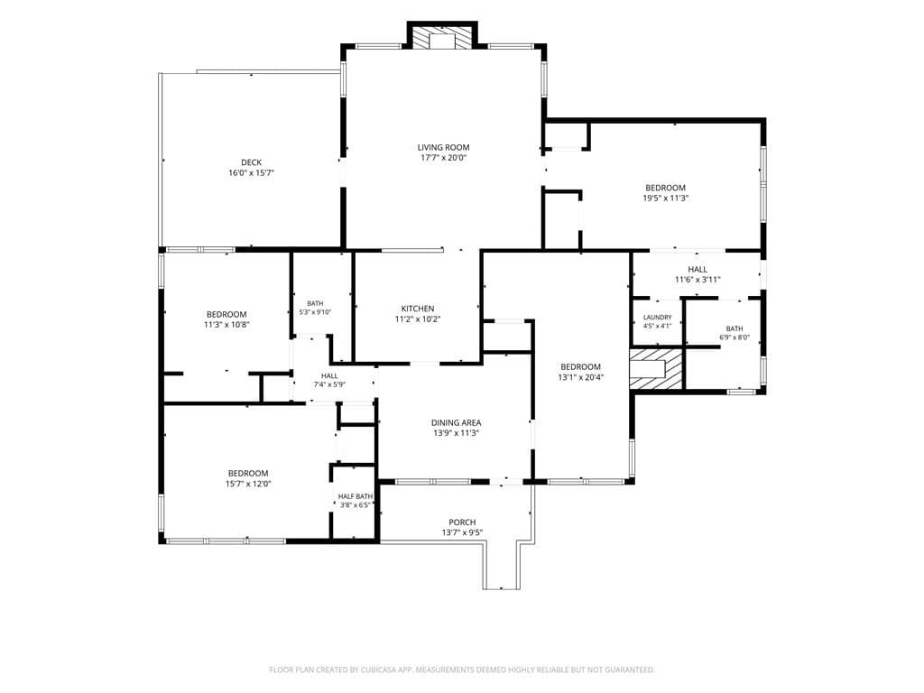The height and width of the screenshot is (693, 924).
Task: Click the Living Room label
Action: point(444,147)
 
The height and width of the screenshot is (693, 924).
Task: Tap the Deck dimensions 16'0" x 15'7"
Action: point(252,172)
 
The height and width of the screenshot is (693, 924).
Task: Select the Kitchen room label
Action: point(418,309)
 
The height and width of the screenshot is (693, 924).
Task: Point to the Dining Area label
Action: point(456,422)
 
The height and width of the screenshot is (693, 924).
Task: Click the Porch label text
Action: point(463,522)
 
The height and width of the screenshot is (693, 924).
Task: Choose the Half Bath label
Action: point(356,496)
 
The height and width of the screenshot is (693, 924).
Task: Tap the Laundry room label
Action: point(657,317)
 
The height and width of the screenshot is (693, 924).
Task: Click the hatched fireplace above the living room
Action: point(442,37)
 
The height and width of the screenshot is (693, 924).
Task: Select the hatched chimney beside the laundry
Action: point(656,368)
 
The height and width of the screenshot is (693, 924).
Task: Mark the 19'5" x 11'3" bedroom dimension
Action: point(665,198)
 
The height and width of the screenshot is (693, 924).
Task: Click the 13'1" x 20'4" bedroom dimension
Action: point(581,377)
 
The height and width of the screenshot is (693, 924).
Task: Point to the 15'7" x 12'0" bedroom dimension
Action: point(248,484)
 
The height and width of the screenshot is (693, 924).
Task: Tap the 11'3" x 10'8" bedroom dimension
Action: point(226,325)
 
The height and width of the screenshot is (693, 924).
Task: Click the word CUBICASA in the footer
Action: point(391,670)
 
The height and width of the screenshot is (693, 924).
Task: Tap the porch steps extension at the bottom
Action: point(502,565)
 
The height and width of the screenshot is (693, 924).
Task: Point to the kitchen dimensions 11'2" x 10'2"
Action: point(418,319)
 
